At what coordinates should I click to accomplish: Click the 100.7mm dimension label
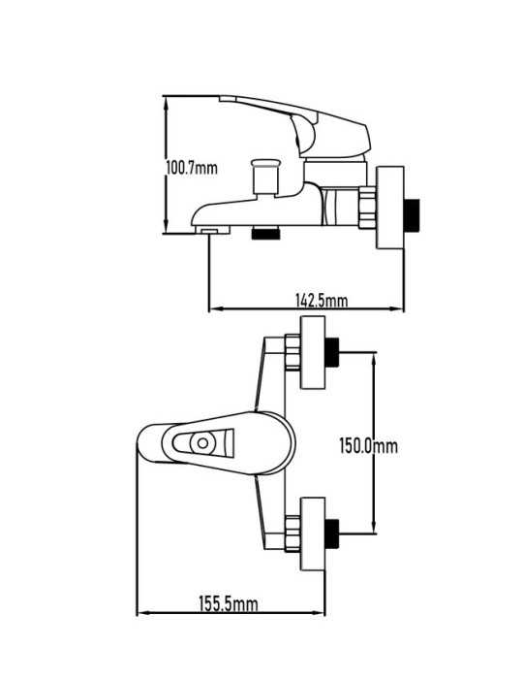(192, 168)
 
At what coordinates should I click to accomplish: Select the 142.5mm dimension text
(322, 300)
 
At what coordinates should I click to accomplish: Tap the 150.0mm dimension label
(369, 445)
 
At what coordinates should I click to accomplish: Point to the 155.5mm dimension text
(229, 603)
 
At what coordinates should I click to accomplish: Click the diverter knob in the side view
(265, 177)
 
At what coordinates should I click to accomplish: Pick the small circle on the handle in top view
(202, 443)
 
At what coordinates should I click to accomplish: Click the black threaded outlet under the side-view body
(265, 233)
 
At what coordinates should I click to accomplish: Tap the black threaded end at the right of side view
(412, 214)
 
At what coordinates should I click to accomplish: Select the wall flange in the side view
(390, 208)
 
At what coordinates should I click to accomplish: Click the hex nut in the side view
(367, 208)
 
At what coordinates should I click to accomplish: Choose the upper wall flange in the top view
(313, 352)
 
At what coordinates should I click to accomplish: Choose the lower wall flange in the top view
(313, 533)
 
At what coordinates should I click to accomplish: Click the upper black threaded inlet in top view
(332, 352)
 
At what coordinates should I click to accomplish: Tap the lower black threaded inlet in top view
(332, 533)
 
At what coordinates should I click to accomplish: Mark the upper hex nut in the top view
(292, 352)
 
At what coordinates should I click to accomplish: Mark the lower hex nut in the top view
(292, 533)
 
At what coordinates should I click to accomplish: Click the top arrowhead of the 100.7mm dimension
(166, 102)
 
